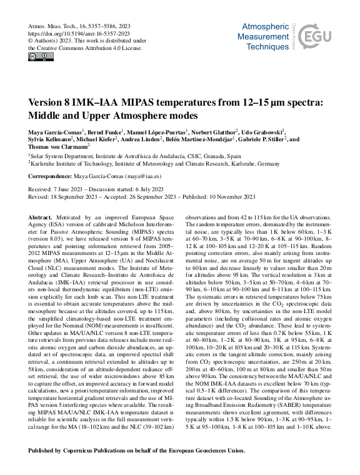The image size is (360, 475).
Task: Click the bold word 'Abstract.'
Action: [41, 216]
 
